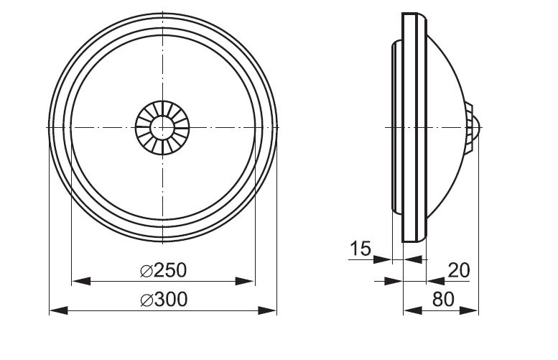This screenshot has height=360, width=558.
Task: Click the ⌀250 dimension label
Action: coord(163,271)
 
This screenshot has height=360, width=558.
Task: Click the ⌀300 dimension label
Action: coord(164,300)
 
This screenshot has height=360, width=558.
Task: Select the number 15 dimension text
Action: coord(361,249)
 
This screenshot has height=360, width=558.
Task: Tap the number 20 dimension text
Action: coord(459,271)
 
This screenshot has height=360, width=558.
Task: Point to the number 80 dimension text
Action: coord(443,300)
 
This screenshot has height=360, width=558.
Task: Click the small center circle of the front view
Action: coord(162,127)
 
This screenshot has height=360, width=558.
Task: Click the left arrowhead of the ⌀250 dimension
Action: coord(81,281)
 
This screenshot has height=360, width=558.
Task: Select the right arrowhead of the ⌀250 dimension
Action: coord(246,281)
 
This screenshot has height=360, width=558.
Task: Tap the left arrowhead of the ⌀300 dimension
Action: coord(58,310)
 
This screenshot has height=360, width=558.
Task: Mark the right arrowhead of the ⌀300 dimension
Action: coord(267,310)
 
